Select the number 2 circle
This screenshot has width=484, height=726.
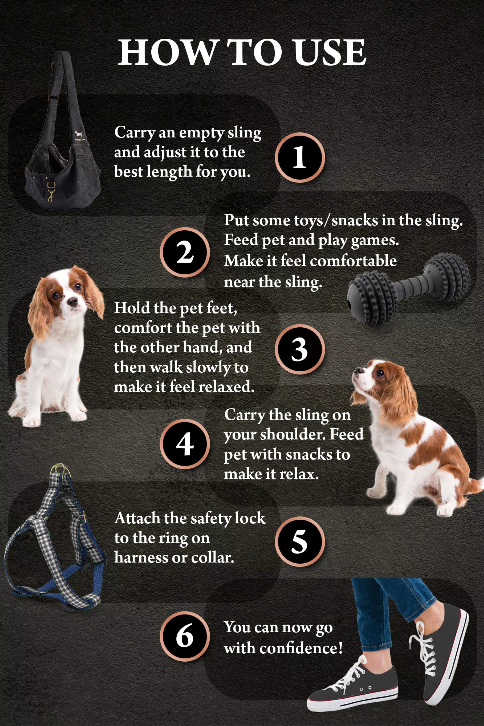point(185,252)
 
